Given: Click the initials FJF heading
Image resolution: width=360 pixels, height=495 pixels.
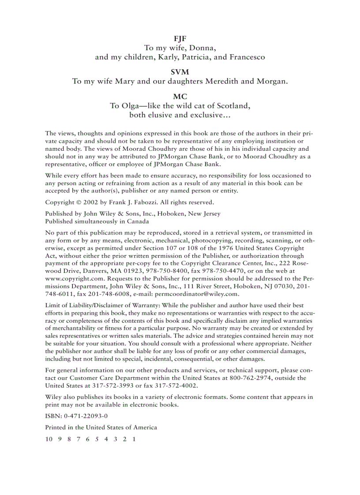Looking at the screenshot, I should click(180, 38).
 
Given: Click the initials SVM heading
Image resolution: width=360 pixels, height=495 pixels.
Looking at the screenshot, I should click(180, 72).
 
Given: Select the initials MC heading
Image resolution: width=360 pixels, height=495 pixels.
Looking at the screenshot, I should click(180, 97).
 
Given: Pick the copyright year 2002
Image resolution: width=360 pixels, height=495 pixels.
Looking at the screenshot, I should click(89, 202).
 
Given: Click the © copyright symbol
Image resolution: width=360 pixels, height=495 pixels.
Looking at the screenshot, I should click(76, 202).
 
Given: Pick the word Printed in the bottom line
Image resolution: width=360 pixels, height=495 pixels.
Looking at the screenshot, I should click(56, 427).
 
